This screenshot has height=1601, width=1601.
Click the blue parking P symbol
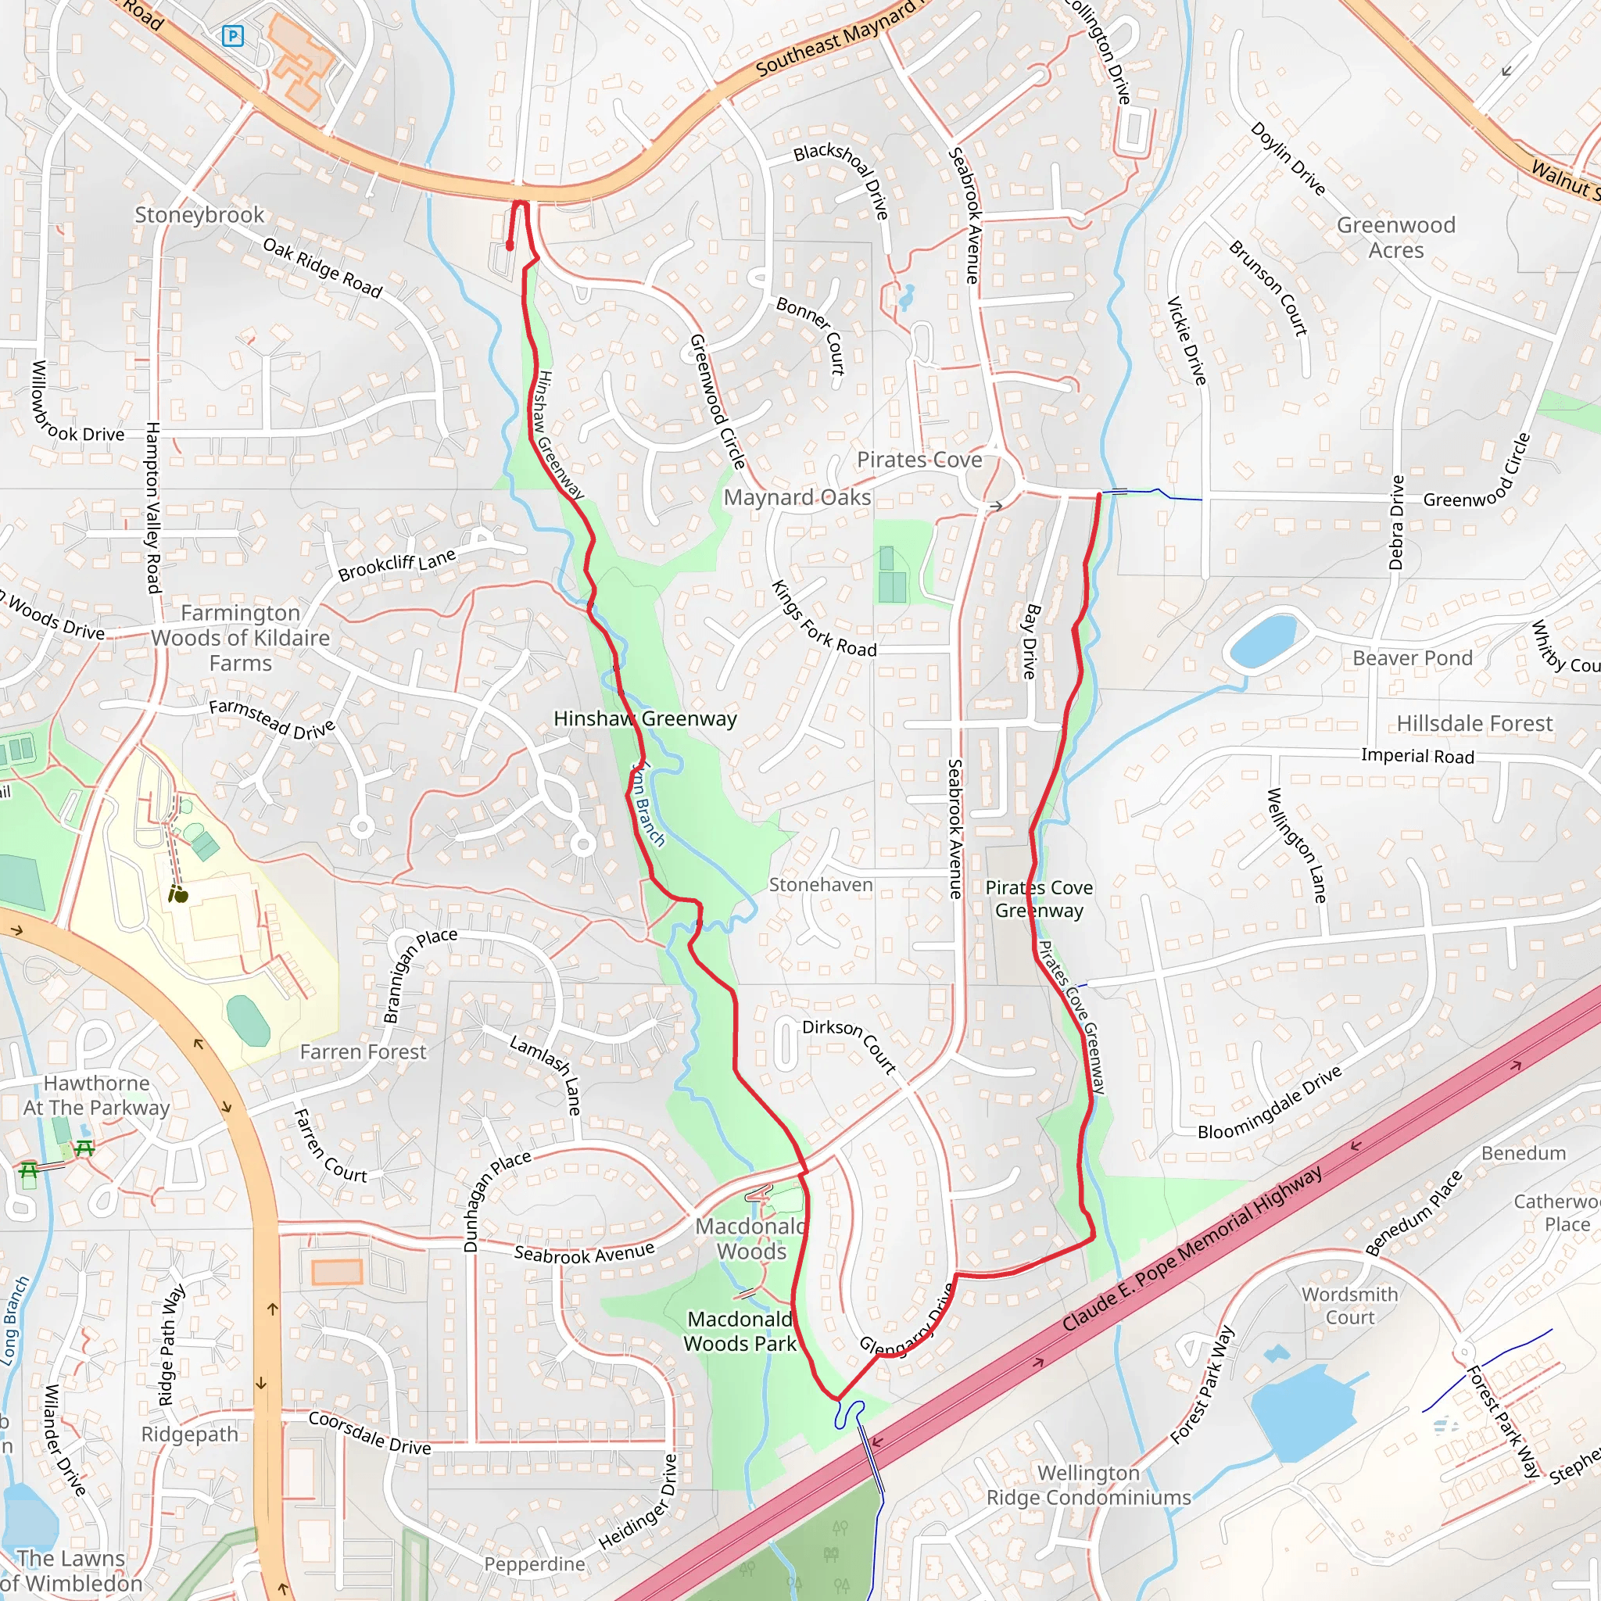click(234, 36)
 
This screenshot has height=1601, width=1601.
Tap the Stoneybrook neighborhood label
click(199, 215)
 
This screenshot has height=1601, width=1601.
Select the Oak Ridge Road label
click(321, 267)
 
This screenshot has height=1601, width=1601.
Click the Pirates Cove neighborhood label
click(919, 459)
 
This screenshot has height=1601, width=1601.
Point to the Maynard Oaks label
click(797, 497)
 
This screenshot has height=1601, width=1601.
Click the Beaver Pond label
click(1412, 658)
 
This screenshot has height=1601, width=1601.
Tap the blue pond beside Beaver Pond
click(1263, 640)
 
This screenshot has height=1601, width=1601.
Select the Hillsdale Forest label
click(1474, 723)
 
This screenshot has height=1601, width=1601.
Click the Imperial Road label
click(1417, 756)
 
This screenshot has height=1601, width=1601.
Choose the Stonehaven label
click(820, 885)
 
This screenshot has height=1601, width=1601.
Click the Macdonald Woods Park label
click(740, 1331)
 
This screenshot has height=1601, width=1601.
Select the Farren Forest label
click(363, 1051)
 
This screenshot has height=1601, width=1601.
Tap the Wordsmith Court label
click(1349, 1306)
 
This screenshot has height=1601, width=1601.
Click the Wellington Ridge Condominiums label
click(1088, 1485)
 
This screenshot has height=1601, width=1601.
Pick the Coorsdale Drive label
click(370, 1433)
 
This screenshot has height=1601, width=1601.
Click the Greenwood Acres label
click(1395, 237)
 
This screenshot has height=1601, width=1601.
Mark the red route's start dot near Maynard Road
click(510, 246)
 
